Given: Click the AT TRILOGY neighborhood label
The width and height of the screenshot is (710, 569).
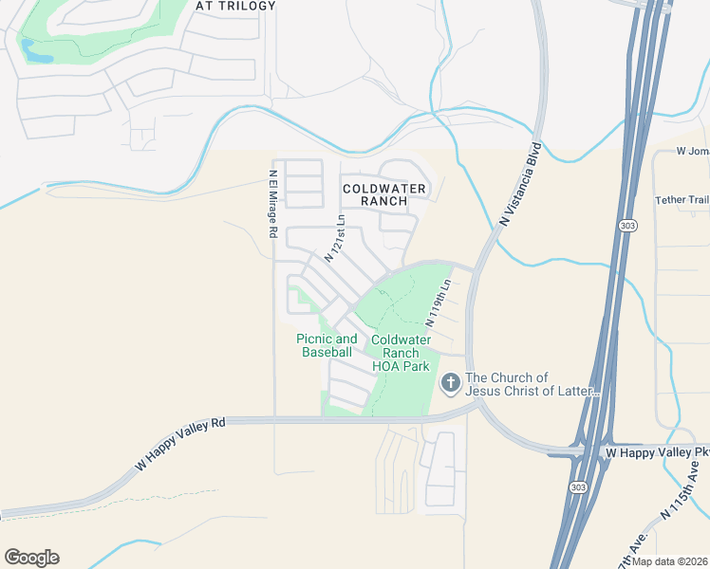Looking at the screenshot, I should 235,6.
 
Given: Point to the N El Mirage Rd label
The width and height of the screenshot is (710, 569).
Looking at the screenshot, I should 272,203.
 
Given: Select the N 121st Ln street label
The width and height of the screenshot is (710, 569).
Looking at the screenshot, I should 335,237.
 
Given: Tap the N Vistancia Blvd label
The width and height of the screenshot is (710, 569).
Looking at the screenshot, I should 521,185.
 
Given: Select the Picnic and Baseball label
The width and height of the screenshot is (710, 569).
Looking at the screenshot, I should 327,345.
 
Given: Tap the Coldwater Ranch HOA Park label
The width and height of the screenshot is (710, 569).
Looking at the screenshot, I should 401,353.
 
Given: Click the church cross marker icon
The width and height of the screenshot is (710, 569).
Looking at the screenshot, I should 450,384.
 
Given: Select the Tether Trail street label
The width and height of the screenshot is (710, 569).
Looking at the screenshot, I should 682,200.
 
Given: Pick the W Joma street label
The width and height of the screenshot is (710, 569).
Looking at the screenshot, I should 693,151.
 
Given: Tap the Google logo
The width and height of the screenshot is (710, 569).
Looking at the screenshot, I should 31,558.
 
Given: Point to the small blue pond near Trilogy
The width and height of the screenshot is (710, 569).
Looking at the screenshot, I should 38,53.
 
